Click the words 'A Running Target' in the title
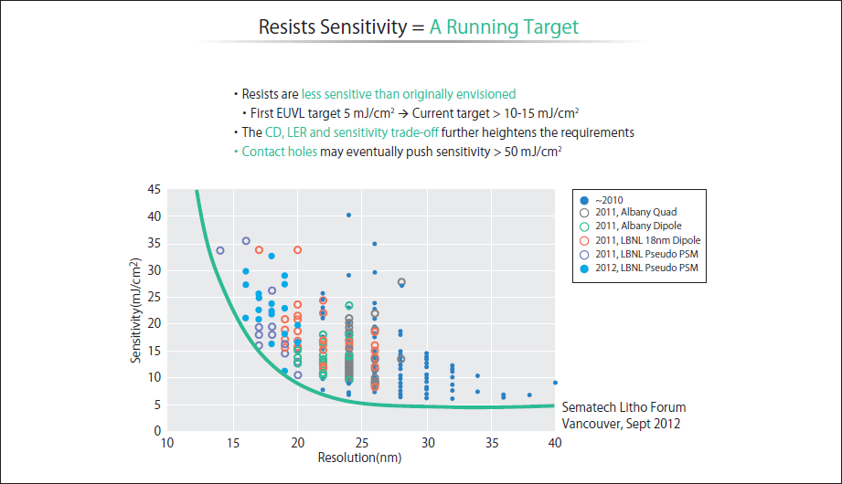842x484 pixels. click(x=504, y=26)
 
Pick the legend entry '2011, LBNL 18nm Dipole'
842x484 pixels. click(x=642, y=239)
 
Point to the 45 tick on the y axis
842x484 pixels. click(x=155, y=190)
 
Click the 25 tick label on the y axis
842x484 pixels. click(x=155, y=297)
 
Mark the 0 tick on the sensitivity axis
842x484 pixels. click(x=157, y=430)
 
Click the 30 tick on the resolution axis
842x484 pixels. click(x=426, y=443)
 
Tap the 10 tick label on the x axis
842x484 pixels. click(x=167, y=443)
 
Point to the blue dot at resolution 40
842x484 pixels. click(x=555, y=383)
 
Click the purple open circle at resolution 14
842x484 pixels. click(x=219, y=250)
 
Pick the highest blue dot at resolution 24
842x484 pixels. click(x=348, y=216)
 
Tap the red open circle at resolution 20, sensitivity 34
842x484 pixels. click(x=297, y=250)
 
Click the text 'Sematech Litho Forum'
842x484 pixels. click(x=624, y=407)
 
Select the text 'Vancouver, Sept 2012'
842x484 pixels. click(x=622, y=424)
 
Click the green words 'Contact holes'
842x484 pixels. click(x=279, y=152)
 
